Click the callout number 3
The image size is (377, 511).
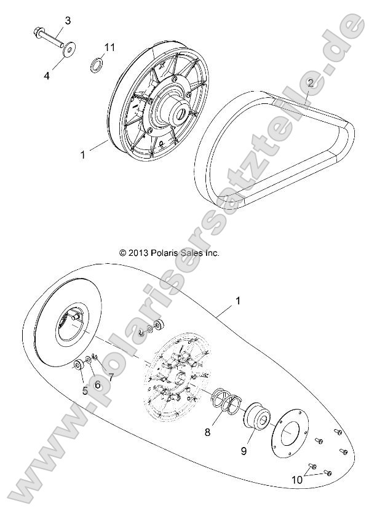pos(68,21)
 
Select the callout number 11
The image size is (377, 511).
pos(109,47)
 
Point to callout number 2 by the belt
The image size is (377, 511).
pos(311,83)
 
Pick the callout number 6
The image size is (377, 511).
pos(97,384)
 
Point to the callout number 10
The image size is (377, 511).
pos(297,480)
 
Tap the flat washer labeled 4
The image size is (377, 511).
pos(71,47)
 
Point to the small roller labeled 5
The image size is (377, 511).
pos(79,366)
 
